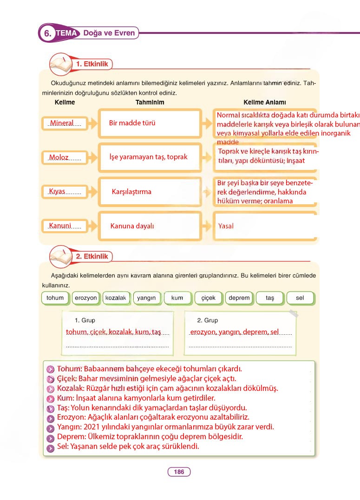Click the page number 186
(179, 472)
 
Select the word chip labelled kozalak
(116, 298)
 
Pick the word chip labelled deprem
(239, 298)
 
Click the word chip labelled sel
(300, 298)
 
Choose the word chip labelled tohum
(55, 298)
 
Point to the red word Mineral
(62, 123)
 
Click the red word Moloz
(59, 157)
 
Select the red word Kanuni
(60, 226)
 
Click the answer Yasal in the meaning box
(226, 226)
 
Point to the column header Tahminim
(150, 102)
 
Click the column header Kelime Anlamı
(265, 102)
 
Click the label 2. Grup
(208, 320)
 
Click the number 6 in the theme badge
(47, 34)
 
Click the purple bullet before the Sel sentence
(51, 447)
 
